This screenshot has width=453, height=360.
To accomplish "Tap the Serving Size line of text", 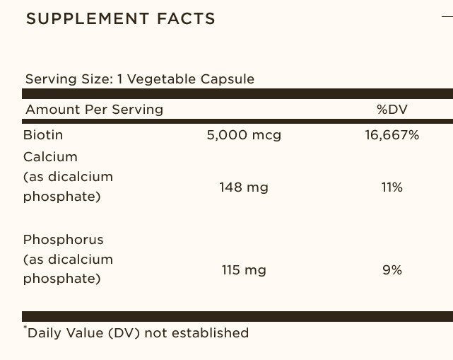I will [x=139, y=79].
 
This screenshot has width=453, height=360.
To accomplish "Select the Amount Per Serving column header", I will [x=94, y=110].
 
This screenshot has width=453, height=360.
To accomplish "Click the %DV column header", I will [x=392, y=110].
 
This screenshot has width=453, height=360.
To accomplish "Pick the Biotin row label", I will [x=43, y=134].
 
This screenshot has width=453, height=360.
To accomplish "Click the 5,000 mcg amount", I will [x=244, y=134].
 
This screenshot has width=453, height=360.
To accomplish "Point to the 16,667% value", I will [x=392, y=134].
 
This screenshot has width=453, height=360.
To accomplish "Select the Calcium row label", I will [x=50, y=156].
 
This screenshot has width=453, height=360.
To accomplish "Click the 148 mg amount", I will [x=245, y=187].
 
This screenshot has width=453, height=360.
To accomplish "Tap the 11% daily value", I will [x=392, y=187].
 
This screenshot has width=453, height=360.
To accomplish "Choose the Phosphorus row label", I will [x=63, y=239].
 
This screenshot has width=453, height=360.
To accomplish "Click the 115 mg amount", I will [x=245, y=269].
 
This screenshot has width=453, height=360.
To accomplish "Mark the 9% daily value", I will [x=392, y=269].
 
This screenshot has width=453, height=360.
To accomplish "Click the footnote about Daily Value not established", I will [x=137, y=332].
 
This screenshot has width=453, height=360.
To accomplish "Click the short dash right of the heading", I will [x=447, y=17].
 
